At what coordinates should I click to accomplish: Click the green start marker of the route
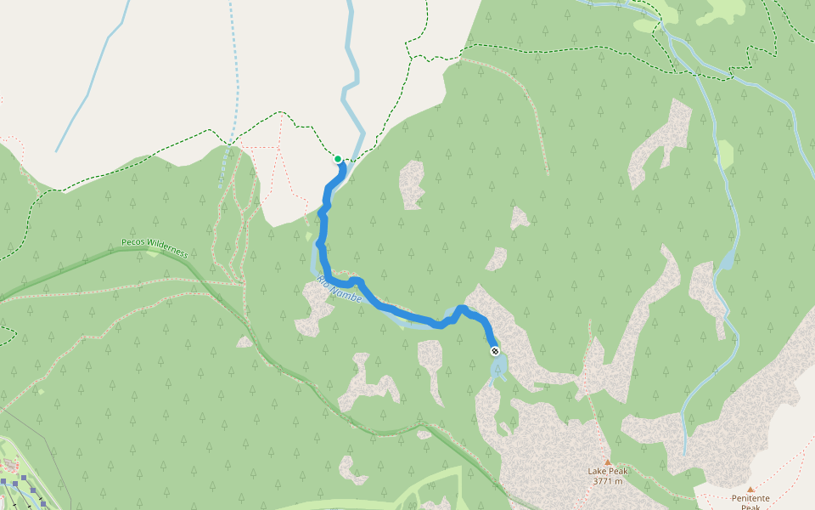click(x=338, y=159)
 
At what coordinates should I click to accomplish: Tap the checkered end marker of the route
click(x=495, y=351)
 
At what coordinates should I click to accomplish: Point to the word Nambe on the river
click(x=347, y=295)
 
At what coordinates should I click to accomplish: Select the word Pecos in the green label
click(x=135, y=242)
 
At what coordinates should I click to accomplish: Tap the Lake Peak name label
click(x=607, y=471)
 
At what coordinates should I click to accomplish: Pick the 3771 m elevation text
click(x=607, y=481)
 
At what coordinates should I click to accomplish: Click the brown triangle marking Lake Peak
click(x=607, y=462)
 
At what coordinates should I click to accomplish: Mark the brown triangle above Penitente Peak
click(x=750, y=490)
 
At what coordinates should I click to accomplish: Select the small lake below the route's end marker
click(x=498, y=368)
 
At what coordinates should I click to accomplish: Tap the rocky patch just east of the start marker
click(x=412, y=184)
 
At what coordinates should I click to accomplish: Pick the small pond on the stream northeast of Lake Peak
click(x=726, y=260)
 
